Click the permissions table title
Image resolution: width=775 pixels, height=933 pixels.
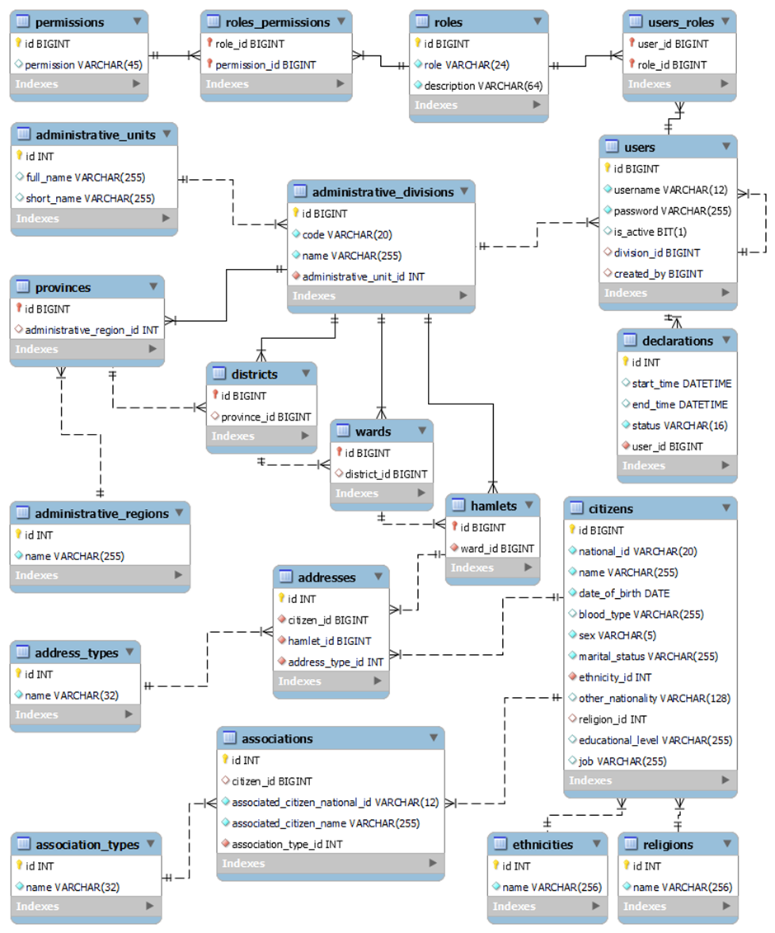69,22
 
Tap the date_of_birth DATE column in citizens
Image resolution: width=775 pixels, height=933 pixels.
623,593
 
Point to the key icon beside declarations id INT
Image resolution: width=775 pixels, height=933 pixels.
625,362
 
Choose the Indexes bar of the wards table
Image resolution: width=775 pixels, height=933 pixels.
381,493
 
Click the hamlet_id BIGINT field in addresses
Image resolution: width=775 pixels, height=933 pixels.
329,641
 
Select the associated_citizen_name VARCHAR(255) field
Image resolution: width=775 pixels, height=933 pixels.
325,823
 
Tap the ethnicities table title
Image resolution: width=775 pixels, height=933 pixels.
542,845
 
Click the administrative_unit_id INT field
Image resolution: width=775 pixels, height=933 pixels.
363,276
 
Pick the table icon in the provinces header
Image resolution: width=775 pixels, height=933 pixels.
23,288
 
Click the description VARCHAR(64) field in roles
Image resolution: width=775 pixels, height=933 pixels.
483,86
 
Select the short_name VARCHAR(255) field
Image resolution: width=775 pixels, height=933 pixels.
90,198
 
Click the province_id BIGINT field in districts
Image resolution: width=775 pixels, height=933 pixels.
265,417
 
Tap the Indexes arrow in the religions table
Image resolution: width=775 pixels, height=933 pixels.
726,906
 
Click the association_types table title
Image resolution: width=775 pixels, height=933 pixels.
87,845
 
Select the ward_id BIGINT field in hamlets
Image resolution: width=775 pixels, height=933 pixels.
496,549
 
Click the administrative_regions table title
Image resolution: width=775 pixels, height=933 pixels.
101,514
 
